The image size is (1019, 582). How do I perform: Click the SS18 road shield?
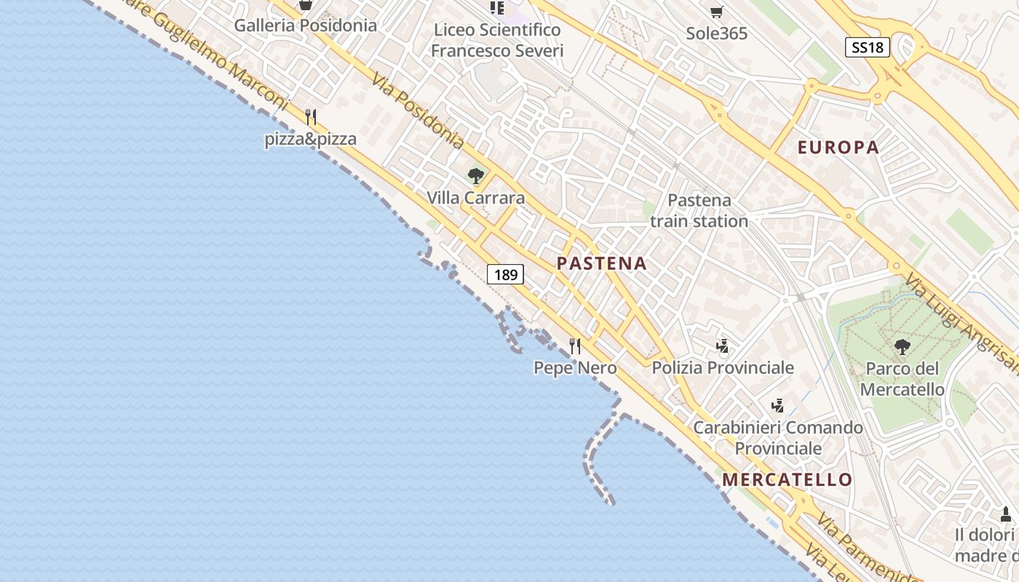868,48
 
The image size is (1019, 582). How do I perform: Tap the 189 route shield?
505,274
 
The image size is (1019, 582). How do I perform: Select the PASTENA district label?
602,264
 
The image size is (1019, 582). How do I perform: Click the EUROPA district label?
838,148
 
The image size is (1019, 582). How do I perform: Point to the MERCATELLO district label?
787,479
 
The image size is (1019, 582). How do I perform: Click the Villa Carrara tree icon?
476,176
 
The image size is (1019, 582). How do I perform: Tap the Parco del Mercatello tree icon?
903,347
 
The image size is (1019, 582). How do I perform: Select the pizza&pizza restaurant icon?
311,116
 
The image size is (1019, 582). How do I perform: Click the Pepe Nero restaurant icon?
575,346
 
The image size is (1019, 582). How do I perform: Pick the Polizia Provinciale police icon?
722,346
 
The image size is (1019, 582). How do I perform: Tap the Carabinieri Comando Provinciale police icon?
777,405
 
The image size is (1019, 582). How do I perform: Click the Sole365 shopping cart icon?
716,12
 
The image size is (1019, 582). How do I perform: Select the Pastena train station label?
699,210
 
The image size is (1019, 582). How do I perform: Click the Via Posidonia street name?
417,110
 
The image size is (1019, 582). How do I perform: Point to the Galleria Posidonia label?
305,25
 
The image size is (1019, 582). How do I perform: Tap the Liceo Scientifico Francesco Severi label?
498,40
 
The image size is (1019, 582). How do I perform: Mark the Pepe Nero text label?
575,368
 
